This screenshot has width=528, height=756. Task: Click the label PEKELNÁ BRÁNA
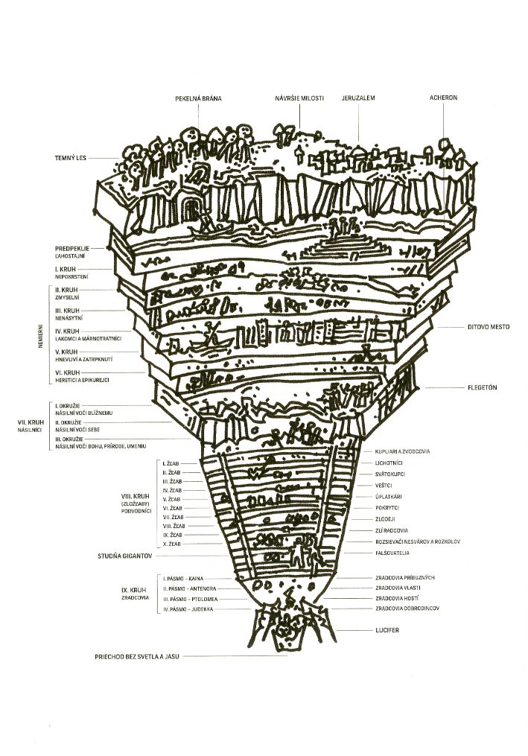[199, 98]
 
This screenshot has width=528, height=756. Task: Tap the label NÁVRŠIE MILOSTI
[299, 98]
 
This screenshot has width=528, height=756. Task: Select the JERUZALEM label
[358, 98]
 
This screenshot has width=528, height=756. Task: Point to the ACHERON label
[442, 98]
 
